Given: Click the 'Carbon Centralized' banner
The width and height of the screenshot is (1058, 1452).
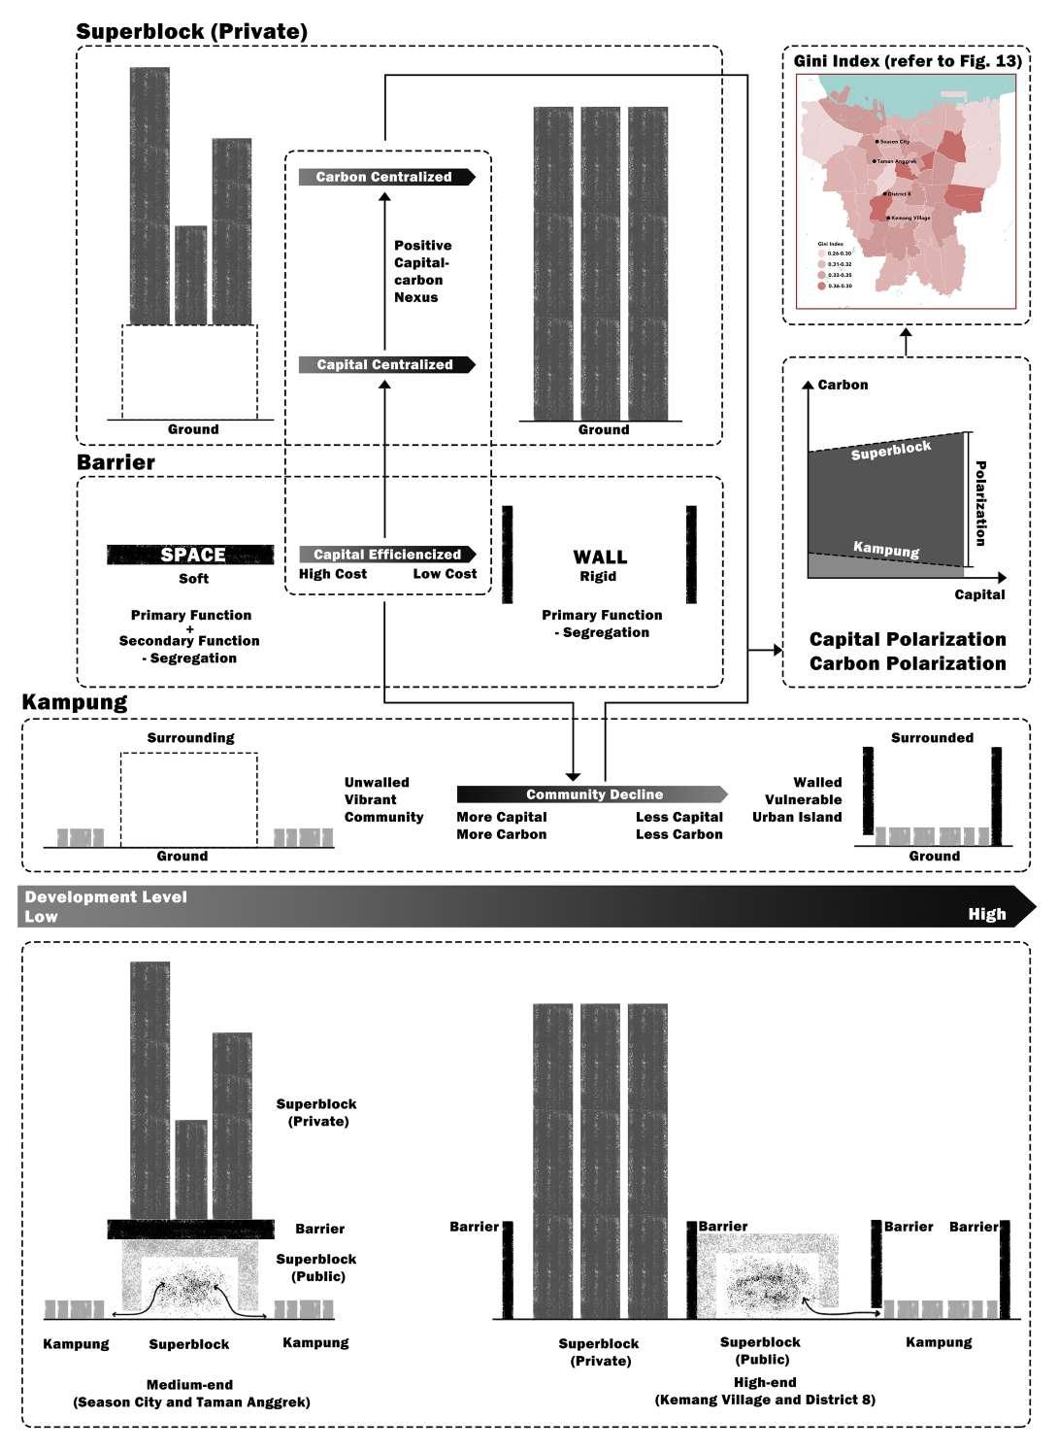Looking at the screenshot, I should (x=385, y=177).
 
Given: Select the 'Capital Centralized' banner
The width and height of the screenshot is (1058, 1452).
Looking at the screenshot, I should (x=385, y=364).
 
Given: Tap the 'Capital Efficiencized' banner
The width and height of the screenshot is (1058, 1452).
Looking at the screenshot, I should (x=386, y=554).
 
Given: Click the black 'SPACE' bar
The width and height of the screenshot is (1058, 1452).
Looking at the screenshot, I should (x=191, y=555).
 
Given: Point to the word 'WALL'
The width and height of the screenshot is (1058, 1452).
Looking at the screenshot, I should (x=600, y=557).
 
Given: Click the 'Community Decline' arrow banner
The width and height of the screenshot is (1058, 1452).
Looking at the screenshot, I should (x=593, y=794).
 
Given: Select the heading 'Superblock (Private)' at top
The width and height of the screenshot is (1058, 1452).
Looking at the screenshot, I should (x=191, y=31).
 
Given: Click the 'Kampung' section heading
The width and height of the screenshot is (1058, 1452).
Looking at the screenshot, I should (x=74, y=701).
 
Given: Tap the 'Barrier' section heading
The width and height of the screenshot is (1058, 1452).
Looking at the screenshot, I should (x=116, y=462).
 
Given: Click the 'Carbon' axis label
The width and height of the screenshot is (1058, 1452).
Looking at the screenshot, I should (x=843, y=385).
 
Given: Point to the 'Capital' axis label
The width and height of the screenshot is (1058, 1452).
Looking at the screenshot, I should (x=978, y=594).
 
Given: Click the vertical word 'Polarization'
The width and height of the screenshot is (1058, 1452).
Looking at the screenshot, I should (x=980, y=503).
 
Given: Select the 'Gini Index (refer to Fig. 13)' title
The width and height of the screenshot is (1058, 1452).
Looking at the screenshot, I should (x=907, y=61).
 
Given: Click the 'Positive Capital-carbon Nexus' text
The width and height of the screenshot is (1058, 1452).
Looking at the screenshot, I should (x=422, y=271).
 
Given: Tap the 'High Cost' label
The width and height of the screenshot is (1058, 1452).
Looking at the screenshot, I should (x=332, y=574).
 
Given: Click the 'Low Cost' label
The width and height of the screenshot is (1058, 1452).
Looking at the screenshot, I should (x=445, y=574).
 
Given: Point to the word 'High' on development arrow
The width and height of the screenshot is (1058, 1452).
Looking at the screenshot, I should (x=986, y=914).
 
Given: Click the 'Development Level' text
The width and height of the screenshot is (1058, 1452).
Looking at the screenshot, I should (x=106, y=896).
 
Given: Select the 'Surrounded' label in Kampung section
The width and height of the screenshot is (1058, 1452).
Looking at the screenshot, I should (x=932, y=737).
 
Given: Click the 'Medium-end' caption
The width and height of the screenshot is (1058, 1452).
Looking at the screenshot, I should (x=189, y=1384).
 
